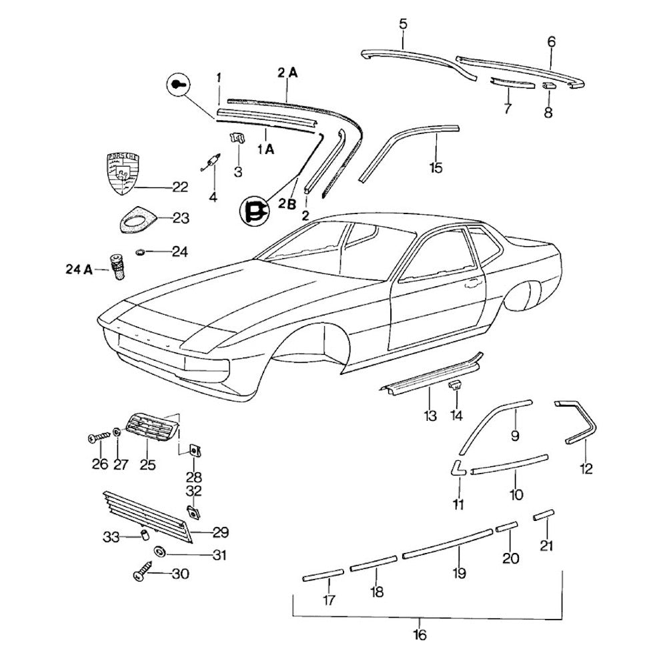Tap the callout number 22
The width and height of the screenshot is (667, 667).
(x=180, y=187)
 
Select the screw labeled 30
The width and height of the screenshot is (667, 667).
(x=143, y=574)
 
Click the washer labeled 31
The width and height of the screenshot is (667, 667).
(x=159, y=552)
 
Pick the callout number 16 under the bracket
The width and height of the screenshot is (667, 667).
(x=419, y=634)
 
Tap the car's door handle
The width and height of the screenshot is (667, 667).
(x=472, y=283)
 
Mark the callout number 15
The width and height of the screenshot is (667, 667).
(x=436, y=167)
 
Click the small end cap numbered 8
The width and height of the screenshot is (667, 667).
(x=548, y=86)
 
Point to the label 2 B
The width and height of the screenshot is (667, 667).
(x=287, y=205)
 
